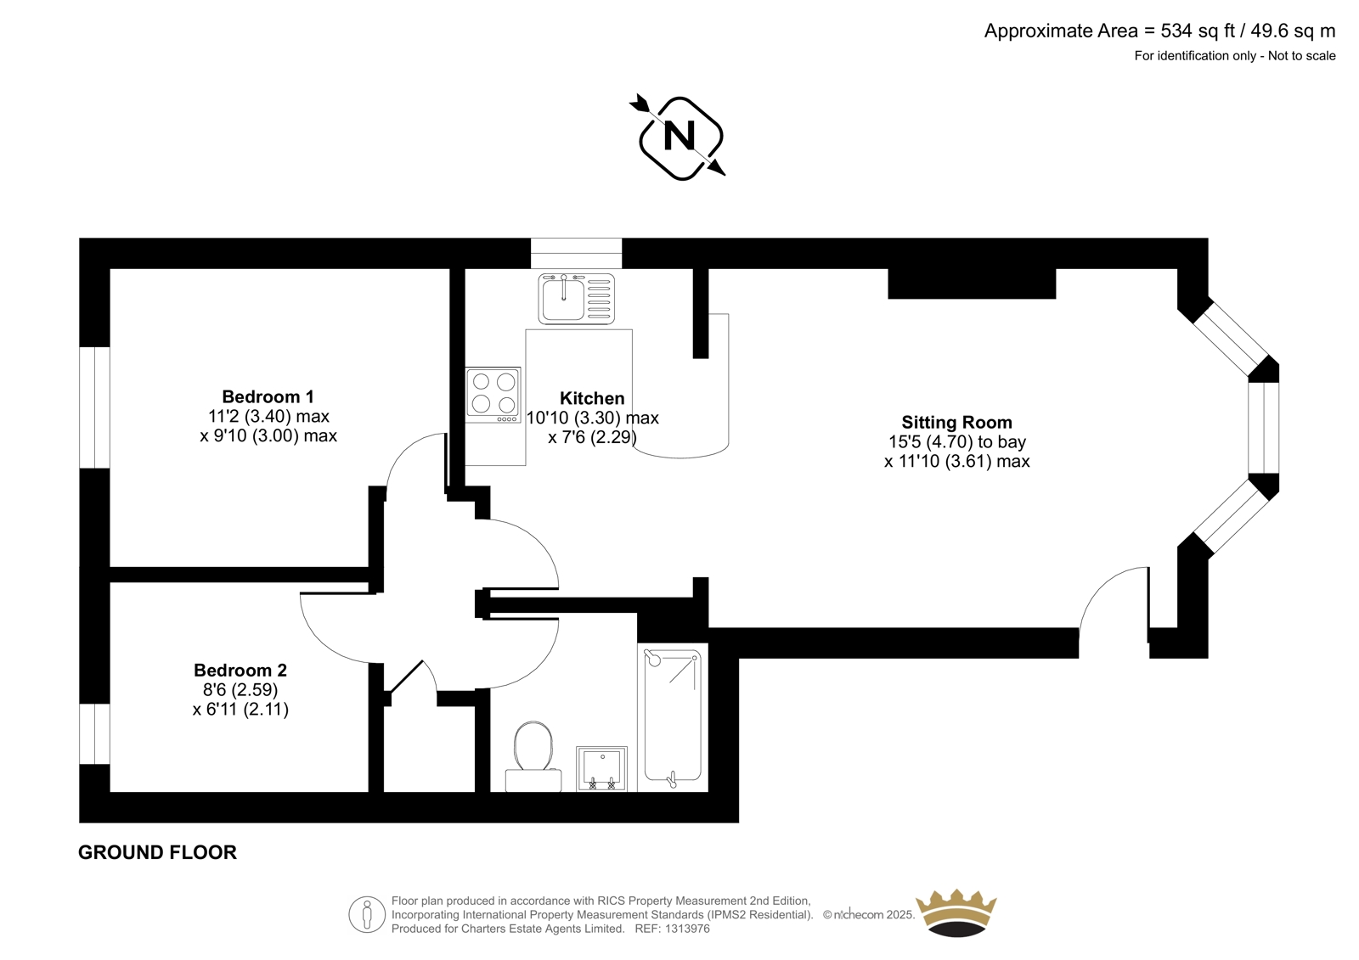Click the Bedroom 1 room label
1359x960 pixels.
pyautogui.click(x=268, y=396)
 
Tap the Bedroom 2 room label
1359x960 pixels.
pyautogui.click(x=240, y=670)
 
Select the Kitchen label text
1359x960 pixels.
pyautogui.click(x=592, y=398)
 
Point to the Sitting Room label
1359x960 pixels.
pyautogui.click(x=956, y=422)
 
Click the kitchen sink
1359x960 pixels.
pyautogui.click(x=577, y=298)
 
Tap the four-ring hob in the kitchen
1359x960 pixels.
pyautogui.click(x=493, y=395)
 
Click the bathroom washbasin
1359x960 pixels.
pyautogui.click(x=601, y=769)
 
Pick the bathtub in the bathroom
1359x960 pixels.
pyautogui.click(x=673, y=717)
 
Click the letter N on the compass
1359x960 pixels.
pyautogui.click(x=679, y=137)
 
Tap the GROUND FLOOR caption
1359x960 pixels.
pyautogui.click(x=158, y=853)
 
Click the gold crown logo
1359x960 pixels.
pyautogui.click(x=956, y=912)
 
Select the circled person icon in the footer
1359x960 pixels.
pyautogui.click(x=367, y=914)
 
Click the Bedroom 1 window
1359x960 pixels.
pyautogui.click(x=94, y=407)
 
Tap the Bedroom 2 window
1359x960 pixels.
pyautogui.click(x=94, y=734)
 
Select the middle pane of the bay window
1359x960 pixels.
pyautogui.click(x=1264, y=428)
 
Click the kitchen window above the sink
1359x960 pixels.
pyautogui.click(x=577, y=253)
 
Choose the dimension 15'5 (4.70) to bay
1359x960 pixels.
pyautogui.click(x=957, y=441)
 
